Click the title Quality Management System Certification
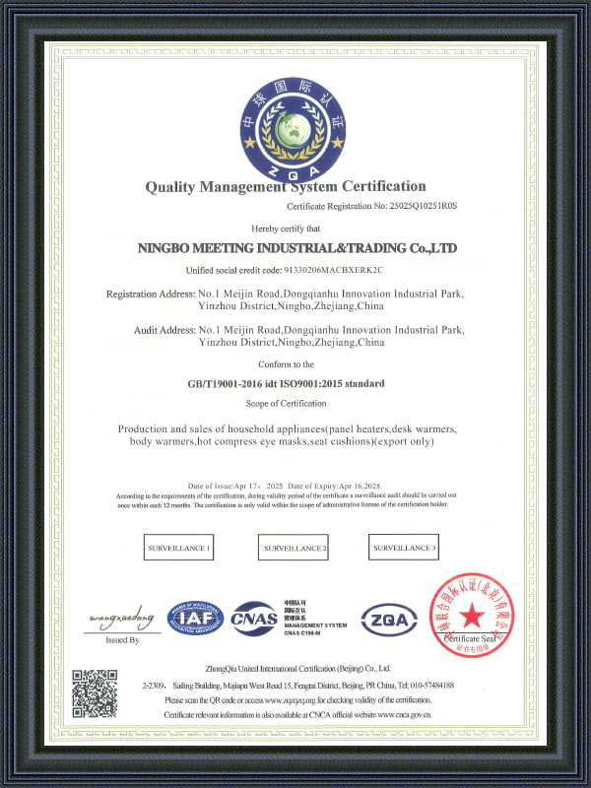coord(286,186)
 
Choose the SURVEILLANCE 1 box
coord(178,548)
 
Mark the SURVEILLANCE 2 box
coord(294,548)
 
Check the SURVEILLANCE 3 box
coord(404,548)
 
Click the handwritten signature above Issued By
coord(121,620)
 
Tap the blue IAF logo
coord(195,618)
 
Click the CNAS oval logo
coord(254,619)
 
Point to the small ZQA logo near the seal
coord(389,620)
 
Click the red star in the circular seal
coord(470,617)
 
